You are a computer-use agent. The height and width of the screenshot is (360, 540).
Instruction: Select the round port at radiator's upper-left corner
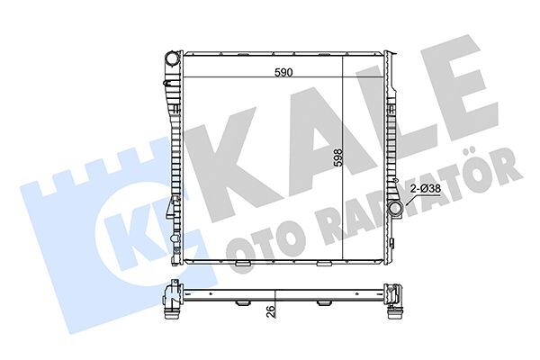tap(172, 60)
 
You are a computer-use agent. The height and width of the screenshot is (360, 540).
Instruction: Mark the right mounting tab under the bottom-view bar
tap(321, 303)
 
